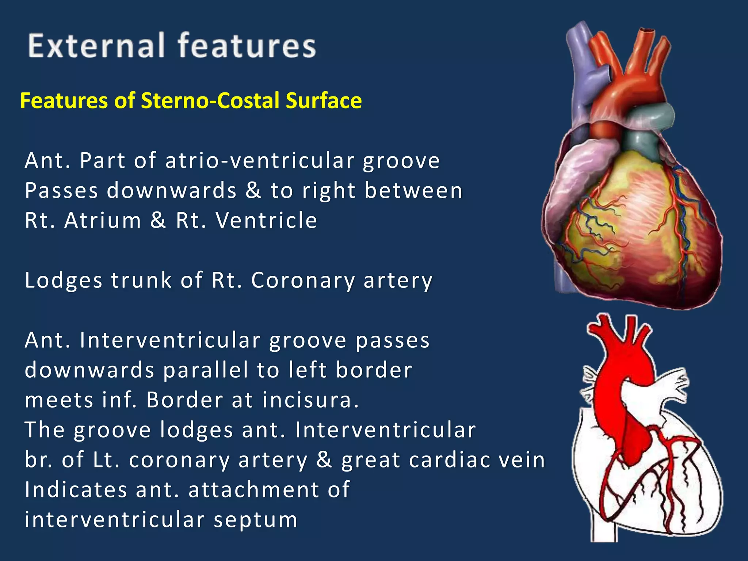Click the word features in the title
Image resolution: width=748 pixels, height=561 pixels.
click(x=247, y=46)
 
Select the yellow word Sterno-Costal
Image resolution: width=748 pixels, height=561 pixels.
click(x=211, y=100)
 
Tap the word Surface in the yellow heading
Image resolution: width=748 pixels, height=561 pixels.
click(x=324, y=100)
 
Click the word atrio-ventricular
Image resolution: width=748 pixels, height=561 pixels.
click(x=260, y=161)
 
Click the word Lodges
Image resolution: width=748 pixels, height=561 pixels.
click(x=64, y=280)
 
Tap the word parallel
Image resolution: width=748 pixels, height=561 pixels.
click(x=206, y=370)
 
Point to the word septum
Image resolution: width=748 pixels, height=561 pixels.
click(x=256, y=520)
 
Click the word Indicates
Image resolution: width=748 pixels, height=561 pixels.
click(x=76, y=489)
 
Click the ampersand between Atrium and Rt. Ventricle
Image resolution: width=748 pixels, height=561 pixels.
click(x=158, y=221)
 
